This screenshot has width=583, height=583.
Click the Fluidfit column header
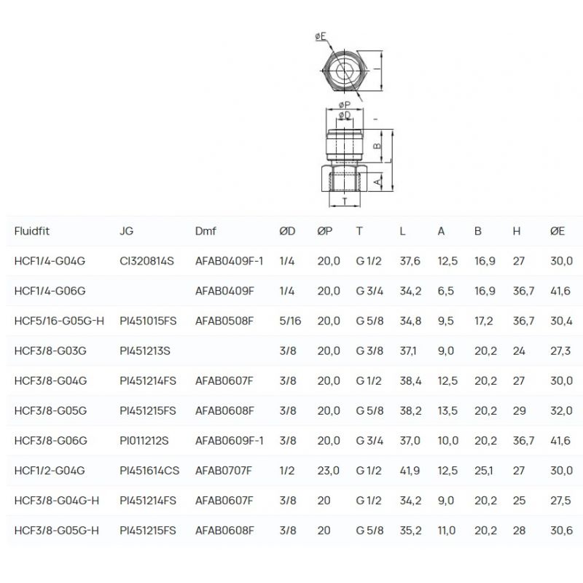[31, 231]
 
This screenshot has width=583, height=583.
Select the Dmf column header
[206, 231]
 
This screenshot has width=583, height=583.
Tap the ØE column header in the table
[557, 231]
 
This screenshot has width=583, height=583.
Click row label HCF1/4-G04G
[50, 261]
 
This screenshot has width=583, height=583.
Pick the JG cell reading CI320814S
[146, 261]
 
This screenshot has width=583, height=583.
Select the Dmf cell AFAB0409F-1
[229, 261]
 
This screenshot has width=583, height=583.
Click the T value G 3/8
[369, 351]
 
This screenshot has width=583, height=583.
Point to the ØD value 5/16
[290, 321]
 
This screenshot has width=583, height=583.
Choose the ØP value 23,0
[329, 470]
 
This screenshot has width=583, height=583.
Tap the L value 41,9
[410, 470]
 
